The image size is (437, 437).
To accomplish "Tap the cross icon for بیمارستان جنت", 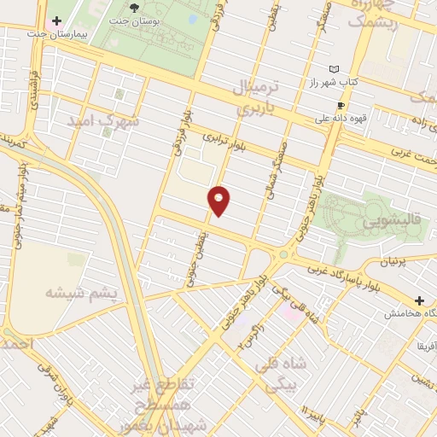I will (x=56, y=20).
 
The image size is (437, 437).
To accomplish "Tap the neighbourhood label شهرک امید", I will (x=128, y=124).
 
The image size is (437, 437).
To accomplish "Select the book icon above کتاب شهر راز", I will (x=334, y=68).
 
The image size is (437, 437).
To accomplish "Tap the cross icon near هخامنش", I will (x=419, y=300).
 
